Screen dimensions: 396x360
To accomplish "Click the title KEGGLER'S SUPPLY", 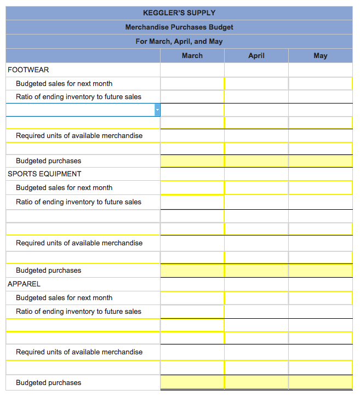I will [x=179, y=13].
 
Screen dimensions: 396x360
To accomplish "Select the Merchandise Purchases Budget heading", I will [x=179, y=27].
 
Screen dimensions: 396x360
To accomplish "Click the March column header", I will [x=192, y=55].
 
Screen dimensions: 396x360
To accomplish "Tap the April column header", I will [x=256, y=55].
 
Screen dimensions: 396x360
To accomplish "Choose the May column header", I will [x=321, y=55].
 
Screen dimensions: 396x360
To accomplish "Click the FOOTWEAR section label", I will [x=28, y=70].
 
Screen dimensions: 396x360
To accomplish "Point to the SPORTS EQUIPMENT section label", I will [x=44, y=174].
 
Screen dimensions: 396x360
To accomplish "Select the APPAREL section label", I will [x=24, y=284].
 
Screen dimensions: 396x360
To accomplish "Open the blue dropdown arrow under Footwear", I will [x=157, y=110].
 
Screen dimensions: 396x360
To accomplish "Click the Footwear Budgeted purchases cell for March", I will [x=192, y=161].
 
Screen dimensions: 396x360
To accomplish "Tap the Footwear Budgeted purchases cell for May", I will [x=321, y=161].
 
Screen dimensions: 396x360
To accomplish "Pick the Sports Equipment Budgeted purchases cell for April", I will [x=256, y=271].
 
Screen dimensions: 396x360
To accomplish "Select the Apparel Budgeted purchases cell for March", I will [x=192, y=382].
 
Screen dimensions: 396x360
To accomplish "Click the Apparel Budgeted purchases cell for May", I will [x=321, y=382].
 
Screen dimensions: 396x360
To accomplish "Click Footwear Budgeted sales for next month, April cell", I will [x=256, y=83].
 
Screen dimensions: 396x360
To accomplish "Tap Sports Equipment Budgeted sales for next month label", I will [x=64, y=187].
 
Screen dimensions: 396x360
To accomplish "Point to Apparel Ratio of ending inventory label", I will [x=78, y=311].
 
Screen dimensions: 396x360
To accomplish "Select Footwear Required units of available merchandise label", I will [x=79, y=135].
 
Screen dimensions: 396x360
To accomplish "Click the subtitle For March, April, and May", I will [x=179, y=41].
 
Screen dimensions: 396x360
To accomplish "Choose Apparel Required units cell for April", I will [x=256, y=352].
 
